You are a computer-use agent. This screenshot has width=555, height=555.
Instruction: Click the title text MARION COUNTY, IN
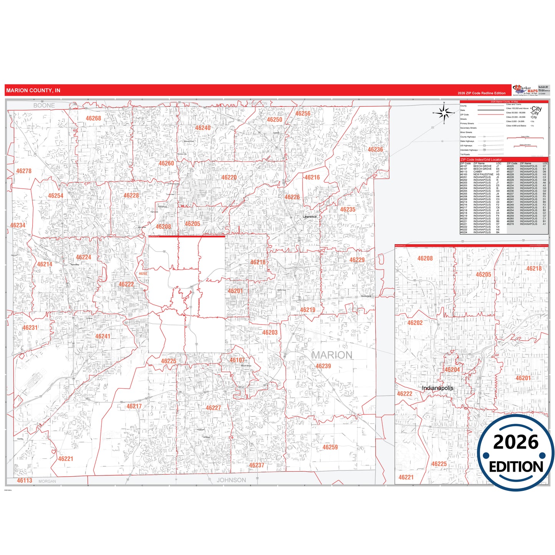(33, 91)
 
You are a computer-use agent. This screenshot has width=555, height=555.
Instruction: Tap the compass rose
(444, 113)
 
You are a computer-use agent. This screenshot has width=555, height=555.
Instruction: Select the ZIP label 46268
(93, 118)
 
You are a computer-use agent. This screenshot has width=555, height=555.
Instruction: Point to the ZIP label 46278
(24, 171)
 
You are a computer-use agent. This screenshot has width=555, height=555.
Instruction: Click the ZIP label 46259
(330, 447)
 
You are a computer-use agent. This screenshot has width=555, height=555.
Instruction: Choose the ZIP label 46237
(257, 465)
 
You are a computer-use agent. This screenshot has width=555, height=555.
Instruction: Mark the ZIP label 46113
(25, 480)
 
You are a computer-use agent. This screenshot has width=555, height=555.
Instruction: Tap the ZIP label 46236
(375, 150)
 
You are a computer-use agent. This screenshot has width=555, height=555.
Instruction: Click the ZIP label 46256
(303, 114)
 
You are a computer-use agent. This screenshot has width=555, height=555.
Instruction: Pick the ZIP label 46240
(202, 128)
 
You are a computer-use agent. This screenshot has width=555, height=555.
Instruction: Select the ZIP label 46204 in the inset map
(452, 369)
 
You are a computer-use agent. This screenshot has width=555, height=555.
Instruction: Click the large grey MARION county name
(331, 355)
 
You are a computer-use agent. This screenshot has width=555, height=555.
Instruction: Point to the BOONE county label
(44, 105)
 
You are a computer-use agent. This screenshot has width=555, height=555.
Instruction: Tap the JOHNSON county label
(231, 480)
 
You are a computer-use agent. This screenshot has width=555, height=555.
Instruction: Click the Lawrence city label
(310, 217)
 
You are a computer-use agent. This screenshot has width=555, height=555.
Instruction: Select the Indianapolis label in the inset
(437, 388)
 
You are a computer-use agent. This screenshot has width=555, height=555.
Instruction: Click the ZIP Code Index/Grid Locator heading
(481, 159)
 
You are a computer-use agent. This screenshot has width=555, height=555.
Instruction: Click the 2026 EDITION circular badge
(516, 453)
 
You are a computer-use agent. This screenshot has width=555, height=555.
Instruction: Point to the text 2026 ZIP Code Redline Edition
(481, 93)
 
